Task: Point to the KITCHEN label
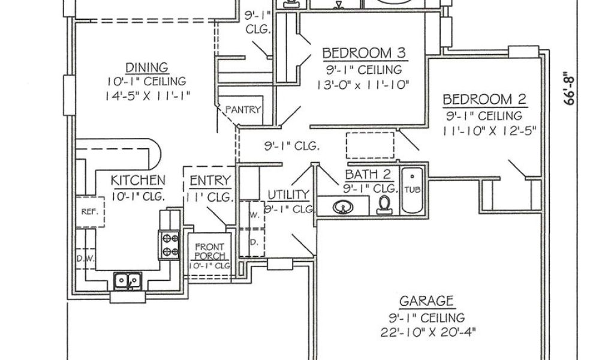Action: (138, 180)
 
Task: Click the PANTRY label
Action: (243, 109)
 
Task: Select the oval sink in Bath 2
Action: (343, 207)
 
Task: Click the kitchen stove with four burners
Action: (168, 245)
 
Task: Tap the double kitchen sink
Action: (127, 280)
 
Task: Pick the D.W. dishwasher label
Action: (84, 259)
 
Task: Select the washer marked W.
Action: (254, 215)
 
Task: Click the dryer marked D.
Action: (254, 242)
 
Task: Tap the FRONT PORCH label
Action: (209, 251)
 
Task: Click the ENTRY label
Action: (210, 181)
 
